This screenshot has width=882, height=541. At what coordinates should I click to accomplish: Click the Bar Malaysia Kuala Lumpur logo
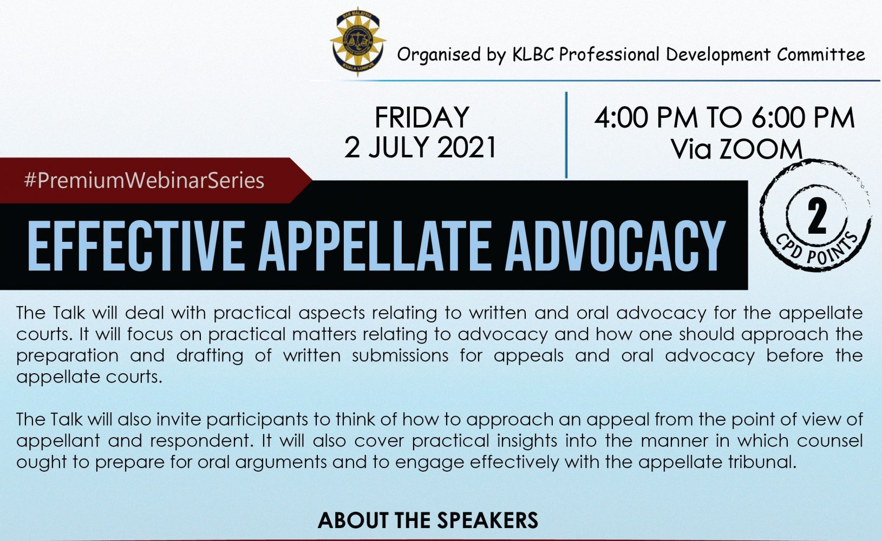[357, 41]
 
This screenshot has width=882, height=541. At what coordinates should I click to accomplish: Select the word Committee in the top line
[821, 54]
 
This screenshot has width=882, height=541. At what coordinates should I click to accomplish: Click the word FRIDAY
[422, 117]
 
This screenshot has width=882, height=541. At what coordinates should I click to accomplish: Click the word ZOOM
[761, 149]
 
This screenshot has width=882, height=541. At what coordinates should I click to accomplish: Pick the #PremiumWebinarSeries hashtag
[144, 181]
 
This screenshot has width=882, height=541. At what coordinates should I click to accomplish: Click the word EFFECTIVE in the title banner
[135, 246]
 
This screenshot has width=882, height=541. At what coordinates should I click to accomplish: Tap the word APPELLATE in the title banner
[374, 246]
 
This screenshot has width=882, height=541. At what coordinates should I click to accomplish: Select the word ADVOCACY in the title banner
[615, 246]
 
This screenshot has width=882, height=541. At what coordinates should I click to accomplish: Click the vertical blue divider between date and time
[566, 135]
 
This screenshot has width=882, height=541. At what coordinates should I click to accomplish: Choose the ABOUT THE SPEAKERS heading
[428, 520]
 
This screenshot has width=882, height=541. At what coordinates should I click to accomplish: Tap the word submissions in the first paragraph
[400, 355]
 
